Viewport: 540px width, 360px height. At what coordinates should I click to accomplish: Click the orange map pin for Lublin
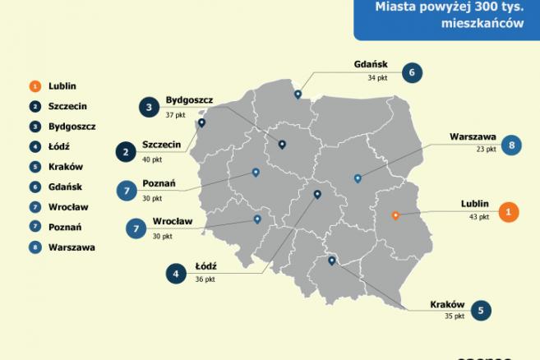pos(395,215)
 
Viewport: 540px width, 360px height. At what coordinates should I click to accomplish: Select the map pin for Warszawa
pos(357,178)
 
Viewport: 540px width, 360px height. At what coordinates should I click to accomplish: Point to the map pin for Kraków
pos(331,261)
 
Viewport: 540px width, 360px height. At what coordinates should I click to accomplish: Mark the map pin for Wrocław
pos(258,219)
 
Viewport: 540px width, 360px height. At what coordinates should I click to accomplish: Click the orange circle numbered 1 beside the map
pos(509,211)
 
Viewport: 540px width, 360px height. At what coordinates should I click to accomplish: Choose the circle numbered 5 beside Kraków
pos(480,310)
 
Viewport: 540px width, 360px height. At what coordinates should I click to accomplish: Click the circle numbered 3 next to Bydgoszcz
pos(149,107)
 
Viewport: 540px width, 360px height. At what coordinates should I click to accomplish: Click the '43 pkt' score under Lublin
pos(478,217)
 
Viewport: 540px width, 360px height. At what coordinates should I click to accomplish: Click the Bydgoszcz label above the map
pos(189,99)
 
